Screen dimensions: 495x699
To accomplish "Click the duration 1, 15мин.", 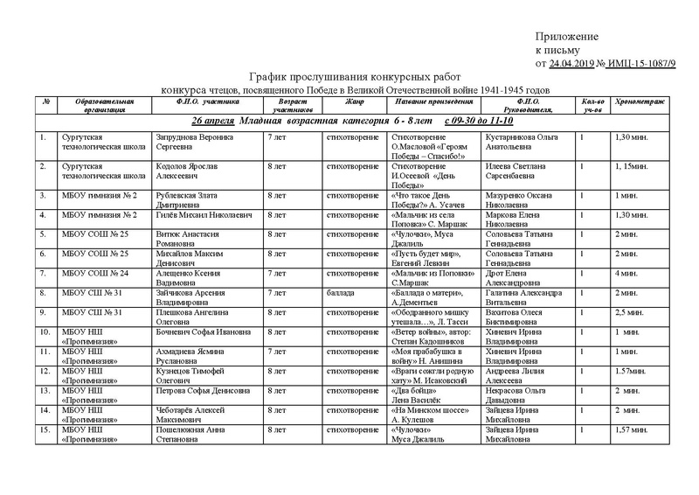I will [x=629, y=166].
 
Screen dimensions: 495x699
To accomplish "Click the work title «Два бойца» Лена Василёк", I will [x=412, y=398].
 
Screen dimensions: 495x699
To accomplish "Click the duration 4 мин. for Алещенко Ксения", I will [x=624, y=273].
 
